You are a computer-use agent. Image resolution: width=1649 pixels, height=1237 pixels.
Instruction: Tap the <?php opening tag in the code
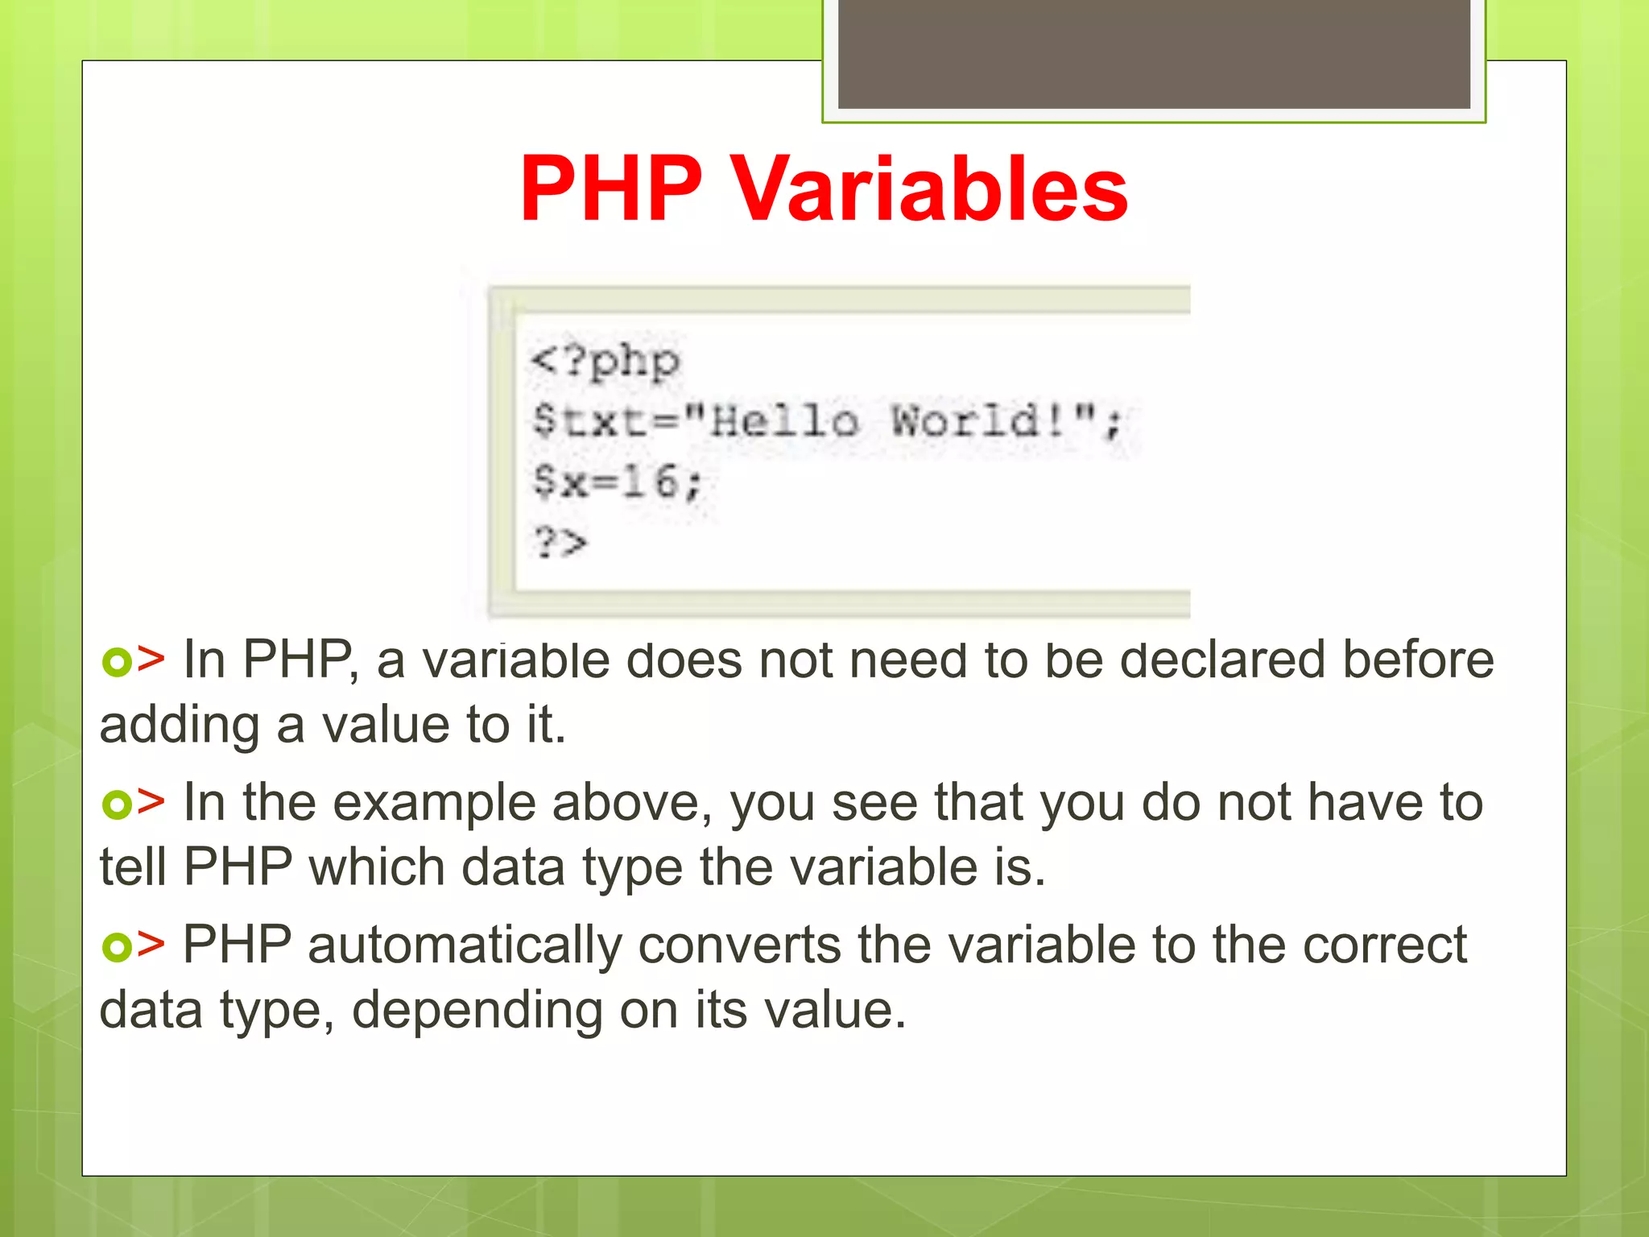pos(605,362)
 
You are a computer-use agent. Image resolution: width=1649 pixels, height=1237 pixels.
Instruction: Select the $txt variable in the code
pos(590,421)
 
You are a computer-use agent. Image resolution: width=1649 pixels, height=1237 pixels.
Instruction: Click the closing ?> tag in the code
pos(560,542)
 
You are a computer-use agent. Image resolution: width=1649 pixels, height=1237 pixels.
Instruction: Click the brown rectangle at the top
pos(1154,53)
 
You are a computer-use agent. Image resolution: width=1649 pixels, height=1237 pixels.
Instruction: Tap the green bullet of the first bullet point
pos(116,662)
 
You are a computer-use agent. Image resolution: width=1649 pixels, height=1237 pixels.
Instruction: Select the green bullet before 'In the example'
pos(116,804)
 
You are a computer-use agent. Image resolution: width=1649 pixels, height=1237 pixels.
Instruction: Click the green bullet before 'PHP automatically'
pos(116,946)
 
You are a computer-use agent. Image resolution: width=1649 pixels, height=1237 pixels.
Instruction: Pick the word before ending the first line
pos(1418,660)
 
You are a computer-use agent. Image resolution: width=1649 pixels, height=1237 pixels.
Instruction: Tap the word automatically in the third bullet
pos(465,945)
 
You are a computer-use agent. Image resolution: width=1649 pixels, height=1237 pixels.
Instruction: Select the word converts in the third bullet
pos(739,945)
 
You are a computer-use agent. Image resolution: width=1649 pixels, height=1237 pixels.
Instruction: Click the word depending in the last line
pos(477,1011)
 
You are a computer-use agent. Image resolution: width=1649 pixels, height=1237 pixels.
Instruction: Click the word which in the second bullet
pos(377,867)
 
